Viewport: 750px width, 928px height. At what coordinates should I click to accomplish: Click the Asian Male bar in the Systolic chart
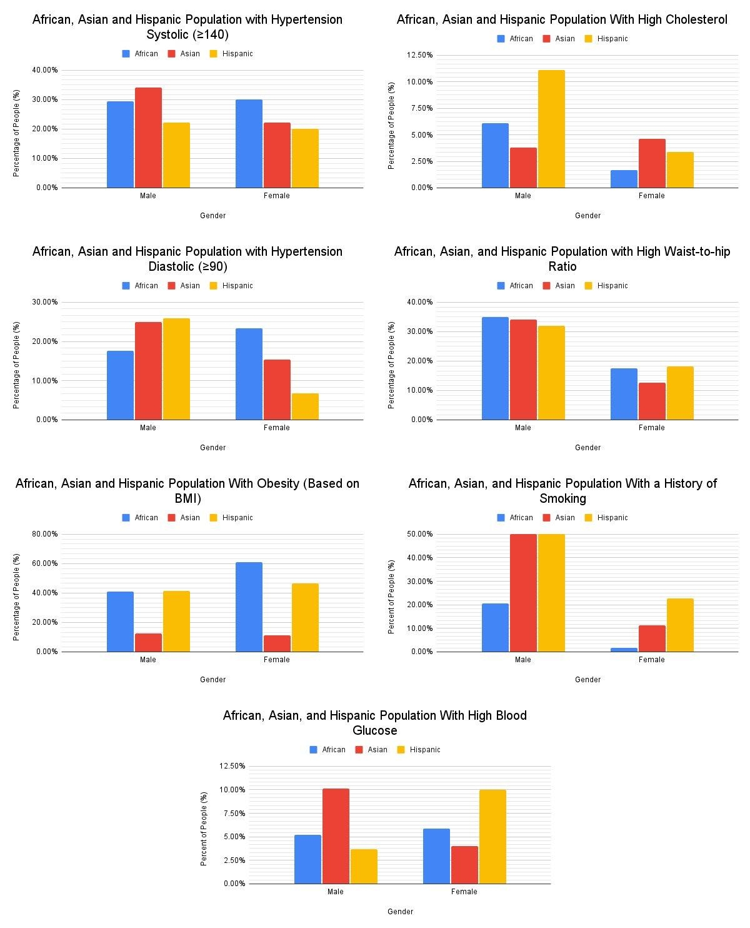tap(148, 138)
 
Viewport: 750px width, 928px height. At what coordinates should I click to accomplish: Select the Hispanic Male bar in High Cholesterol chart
tap(551, 129)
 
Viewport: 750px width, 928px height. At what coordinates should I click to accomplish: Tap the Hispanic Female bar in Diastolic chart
tap(305, 406)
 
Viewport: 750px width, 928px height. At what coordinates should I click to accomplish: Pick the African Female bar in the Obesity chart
tap(249, 607)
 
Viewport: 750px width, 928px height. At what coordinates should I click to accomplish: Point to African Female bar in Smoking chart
tap(624, 650)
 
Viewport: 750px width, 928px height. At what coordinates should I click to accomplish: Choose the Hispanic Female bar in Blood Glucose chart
tap(492, 837)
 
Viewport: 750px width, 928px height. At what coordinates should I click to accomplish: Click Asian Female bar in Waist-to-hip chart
tap(652, 401)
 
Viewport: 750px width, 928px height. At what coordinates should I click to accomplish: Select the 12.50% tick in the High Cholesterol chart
tap(419, 55)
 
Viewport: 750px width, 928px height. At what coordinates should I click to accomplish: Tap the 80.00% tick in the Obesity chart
tap(44, 534)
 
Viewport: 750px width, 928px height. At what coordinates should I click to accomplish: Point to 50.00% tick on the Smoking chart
tap(419, 534)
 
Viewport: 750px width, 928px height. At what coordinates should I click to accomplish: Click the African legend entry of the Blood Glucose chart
tap(327, 750)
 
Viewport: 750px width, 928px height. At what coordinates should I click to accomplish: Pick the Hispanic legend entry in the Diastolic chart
tap(231, 286)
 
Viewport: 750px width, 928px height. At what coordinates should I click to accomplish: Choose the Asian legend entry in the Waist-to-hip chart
tap(559, 286)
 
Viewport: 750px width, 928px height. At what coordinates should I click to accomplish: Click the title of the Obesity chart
tap(187, 491)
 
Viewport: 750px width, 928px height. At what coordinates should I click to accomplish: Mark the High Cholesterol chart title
tap(562, 20)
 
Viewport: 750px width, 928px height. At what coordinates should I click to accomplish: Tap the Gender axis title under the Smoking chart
tap(587, 680)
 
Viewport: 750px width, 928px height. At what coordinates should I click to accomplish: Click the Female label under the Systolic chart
tap(277, 196)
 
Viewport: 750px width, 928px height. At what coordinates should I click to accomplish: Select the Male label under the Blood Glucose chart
tap(336, 892)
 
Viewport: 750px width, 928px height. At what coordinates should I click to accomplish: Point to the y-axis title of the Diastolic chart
tap(17, 365)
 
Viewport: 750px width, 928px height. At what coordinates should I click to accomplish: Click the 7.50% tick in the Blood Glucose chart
tap(232, 814)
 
